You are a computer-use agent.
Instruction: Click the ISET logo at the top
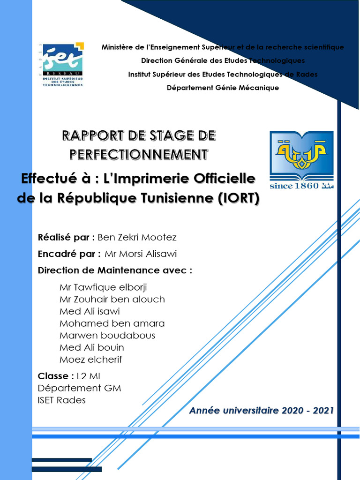click(x=62, y=65)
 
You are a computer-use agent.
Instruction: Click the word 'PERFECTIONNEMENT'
click(x=139, y=154)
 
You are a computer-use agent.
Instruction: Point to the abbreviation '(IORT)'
click(x=238, y=198)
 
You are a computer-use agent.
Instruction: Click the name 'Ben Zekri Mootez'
click(x=137, y=238)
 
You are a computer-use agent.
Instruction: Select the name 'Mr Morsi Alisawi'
click(x=141, y=254)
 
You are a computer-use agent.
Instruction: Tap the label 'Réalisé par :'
click(x=66, y=238)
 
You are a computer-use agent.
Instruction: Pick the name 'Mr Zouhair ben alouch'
click(x=112, y=299)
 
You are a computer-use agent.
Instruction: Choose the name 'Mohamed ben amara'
click(x=112, y=323)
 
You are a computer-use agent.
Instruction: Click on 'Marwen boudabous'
click(x=107, y=336)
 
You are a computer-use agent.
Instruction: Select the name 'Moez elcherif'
click(x=90, y=360)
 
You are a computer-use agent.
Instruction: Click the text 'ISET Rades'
click(x=61, y=400)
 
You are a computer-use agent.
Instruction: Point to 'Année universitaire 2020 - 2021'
click(x=262, y=411)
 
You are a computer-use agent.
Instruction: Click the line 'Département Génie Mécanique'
click(x=223, y=88)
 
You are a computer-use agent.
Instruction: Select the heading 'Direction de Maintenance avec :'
click(x=115, y=270)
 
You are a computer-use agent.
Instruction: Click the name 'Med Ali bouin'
click(x=92, y=348)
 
